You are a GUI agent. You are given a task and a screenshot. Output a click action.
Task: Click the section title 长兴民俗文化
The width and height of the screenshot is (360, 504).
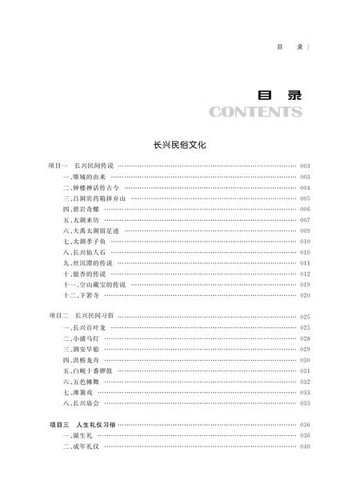pyautogui.click(x=180, y=146)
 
